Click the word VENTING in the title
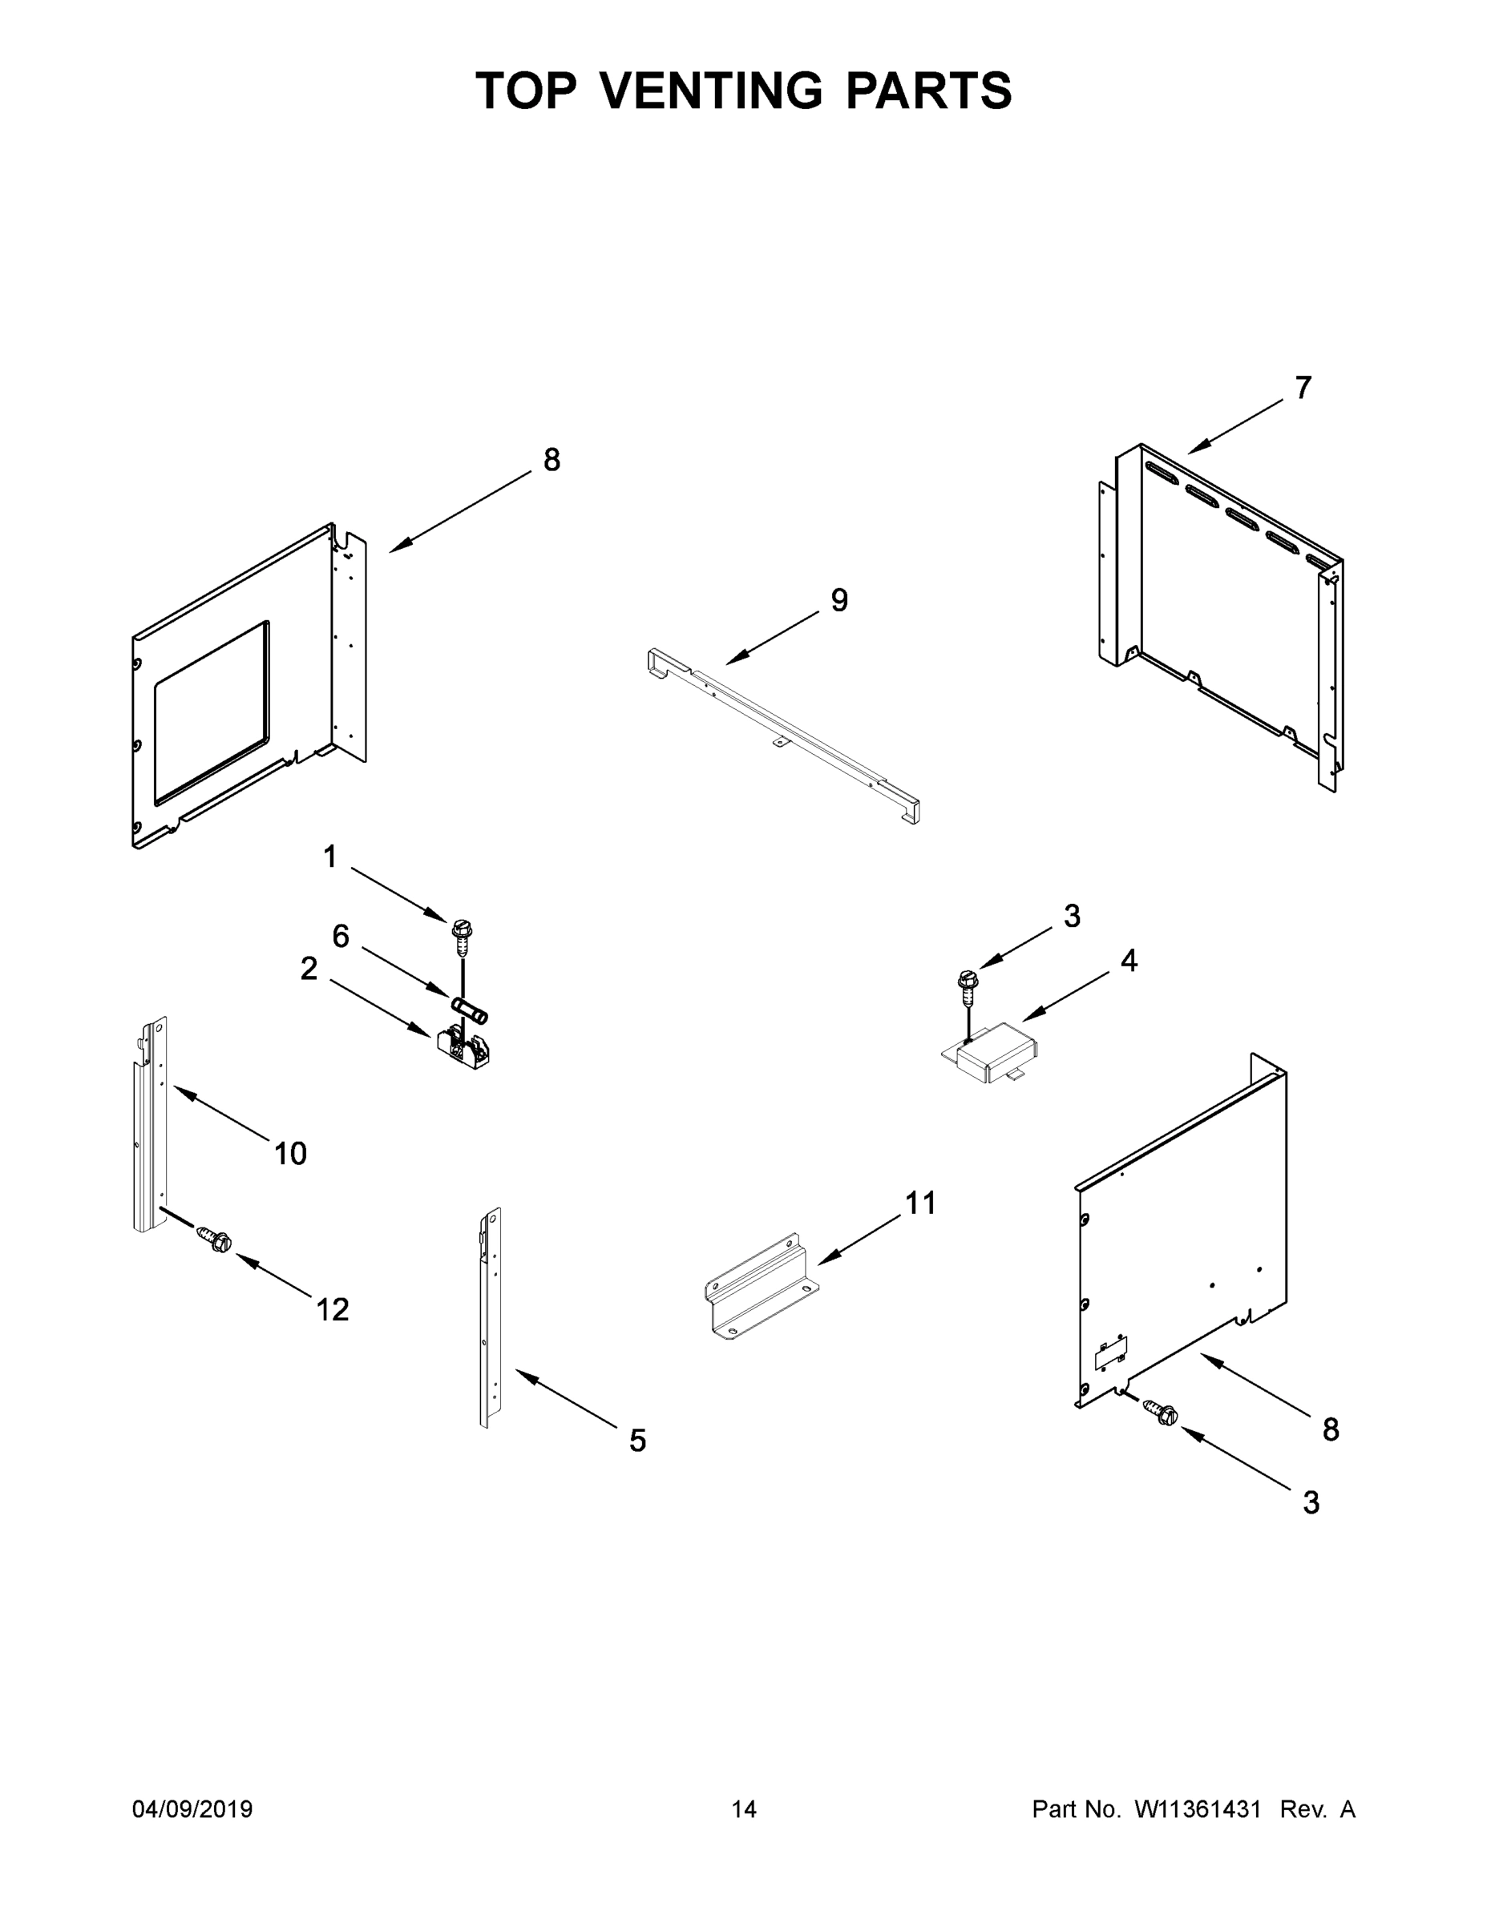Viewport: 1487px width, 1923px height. point(712,91)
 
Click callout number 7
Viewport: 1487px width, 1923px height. point(1303,388)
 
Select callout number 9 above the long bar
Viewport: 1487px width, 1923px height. point(839,600)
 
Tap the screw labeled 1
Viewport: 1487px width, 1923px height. point(461,937)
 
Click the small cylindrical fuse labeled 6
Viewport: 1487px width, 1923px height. point(470,1009)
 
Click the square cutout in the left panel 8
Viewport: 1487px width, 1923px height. point(212,713)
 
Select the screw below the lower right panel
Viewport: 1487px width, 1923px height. point(1162,1412)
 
